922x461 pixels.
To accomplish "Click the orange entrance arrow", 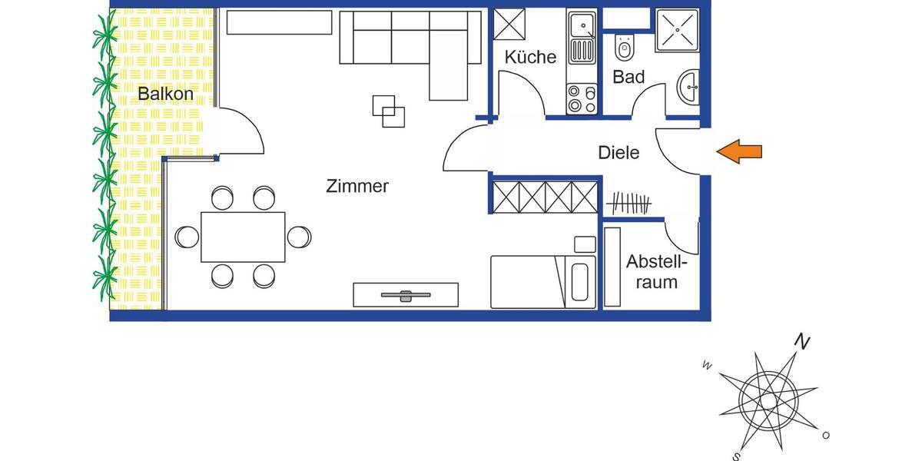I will click(x=739, y=152).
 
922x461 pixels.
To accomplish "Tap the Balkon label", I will click(x=166, y=95).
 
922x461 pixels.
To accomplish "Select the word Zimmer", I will click(x=357, y=186).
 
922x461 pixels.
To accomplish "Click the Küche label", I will click(x=530, y=57).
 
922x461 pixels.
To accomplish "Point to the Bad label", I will click(x=628, y=77).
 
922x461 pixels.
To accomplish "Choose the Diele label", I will click(x=619, y=153).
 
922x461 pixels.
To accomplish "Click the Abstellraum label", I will click(x=652, y=271).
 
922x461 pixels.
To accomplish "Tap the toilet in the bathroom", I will click(x=624, y=49).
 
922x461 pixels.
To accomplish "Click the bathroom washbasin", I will click(x=690, y=88).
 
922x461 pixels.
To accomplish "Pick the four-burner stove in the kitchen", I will click(x=582, y=99).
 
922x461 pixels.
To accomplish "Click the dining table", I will click(x=243, y=237).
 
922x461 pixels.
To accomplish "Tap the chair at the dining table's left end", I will click(x=187, y=237).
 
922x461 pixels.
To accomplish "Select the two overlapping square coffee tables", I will click(x=389, y=110).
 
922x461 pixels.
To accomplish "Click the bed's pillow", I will click(x=581, y=282).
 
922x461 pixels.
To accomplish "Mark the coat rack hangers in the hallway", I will click(x=628, y=204).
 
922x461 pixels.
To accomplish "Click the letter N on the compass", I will click(x=802, y=343).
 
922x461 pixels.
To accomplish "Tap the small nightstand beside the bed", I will click(x=585, y=244).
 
